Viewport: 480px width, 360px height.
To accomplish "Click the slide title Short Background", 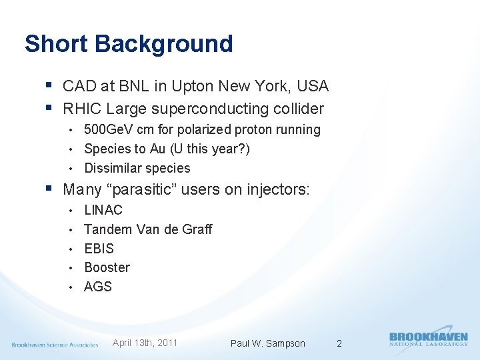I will tap(129, 44).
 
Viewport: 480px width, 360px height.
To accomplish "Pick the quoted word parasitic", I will tap(142, 189).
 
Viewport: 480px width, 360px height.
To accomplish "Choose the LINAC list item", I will tap(103, 210).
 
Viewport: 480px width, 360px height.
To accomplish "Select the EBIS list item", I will tap(99, 249).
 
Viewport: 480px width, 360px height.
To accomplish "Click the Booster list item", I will tap(107, 267).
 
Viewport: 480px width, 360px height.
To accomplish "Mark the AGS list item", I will tap(98, 287).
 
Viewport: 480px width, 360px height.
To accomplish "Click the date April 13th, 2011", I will tap(145, 343).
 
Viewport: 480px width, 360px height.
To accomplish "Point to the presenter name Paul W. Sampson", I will tap(267, 343).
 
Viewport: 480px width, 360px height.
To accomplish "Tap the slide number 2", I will tap(339, 343).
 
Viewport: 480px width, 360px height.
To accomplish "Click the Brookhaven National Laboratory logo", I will tap(428, 339).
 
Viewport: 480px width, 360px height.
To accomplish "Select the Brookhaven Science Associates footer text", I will tap(55, 345).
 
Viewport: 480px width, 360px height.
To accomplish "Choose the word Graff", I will tap(196, 229).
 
